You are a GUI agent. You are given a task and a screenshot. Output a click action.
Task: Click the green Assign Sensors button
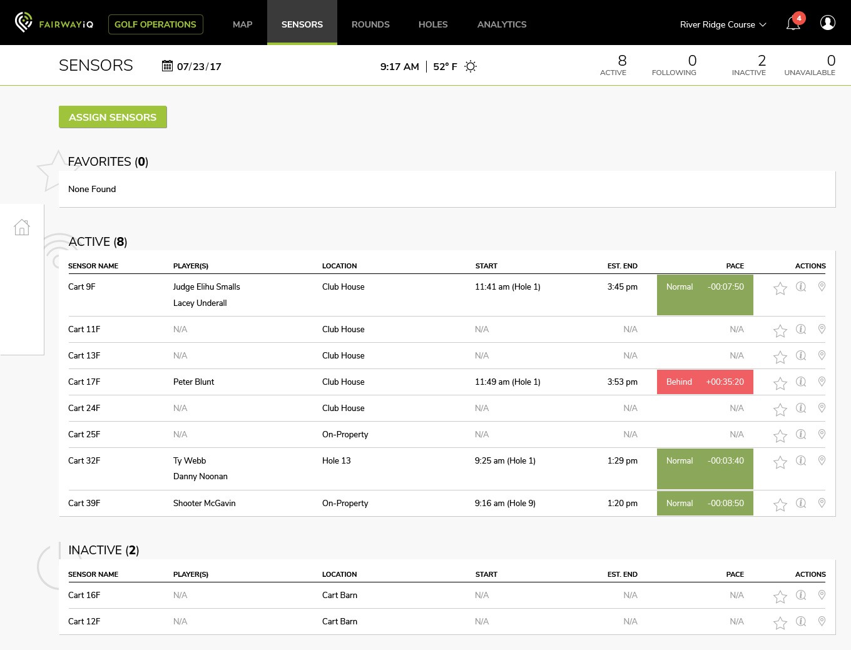tap(113, 117)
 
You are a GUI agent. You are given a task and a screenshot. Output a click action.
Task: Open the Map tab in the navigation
tap(242, 24)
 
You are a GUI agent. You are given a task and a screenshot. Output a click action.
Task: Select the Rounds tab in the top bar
tap(370, 24)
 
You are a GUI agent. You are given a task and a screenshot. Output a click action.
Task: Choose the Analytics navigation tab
tap(502, 24)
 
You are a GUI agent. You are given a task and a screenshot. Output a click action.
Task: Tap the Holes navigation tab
tap(432, 24)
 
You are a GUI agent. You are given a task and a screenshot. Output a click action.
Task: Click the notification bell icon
tap(793, 23)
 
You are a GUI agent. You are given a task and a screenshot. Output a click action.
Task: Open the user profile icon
tap(827, 23)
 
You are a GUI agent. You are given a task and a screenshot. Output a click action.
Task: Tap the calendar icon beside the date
tap(167, 66)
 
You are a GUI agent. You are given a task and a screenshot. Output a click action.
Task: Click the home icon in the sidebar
tap(22, 227)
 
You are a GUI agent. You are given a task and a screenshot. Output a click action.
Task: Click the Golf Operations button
tap(155, 24)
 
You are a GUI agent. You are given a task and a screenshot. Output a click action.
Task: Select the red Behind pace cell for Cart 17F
tap(705, 382)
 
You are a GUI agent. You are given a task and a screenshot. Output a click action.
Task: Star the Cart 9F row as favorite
tap(780, 288)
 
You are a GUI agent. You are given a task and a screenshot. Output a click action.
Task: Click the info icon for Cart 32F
tap(801, 460)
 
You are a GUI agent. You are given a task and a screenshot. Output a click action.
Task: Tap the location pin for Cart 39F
tap(822, 503)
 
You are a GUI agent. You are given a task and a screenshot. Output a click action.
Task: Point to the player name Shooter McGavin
tap(205, 503)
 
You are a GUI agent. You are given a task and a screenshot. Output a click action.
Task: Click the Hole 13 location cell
tap(336, 460)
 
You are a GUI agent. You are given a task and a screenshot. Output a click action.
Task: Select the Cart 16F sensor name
tap(84, 595)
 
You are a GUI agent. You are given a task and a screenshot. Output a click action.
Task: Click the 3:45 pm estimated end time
tap(622, 287)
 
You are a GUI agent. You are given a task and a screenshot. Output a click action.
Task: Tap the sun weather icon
tap(471, 66)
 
